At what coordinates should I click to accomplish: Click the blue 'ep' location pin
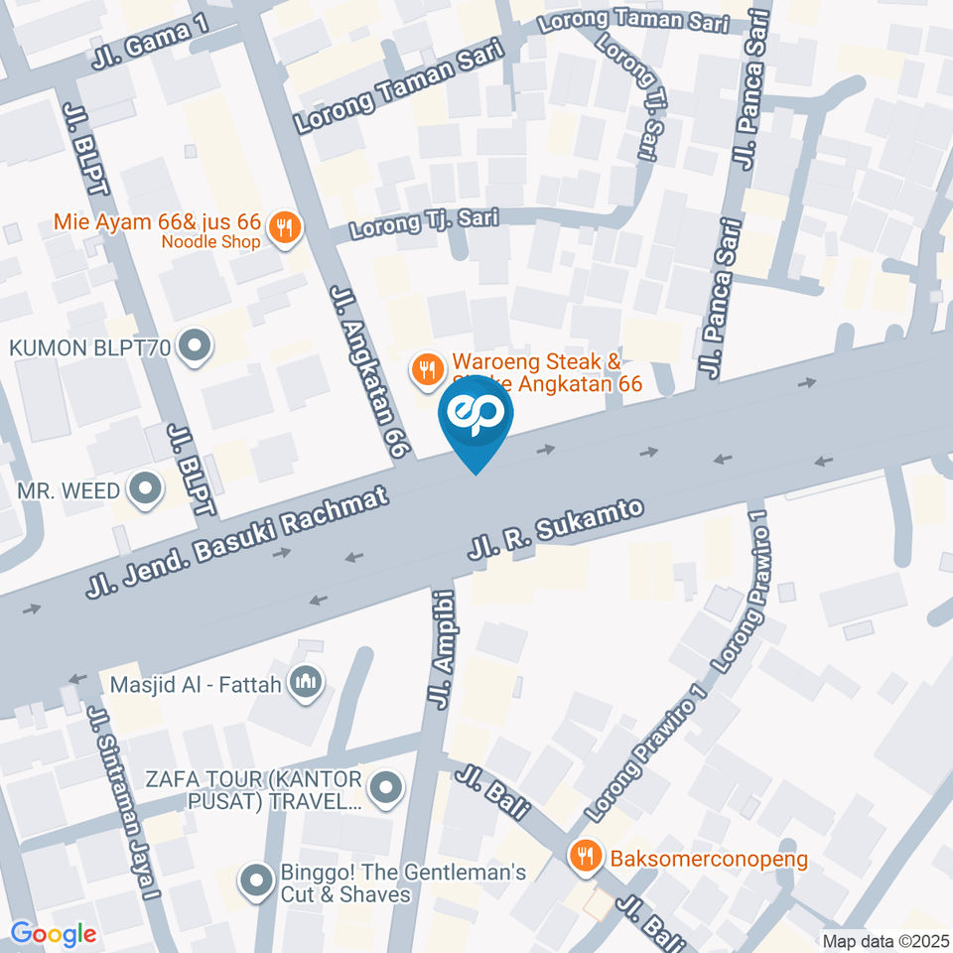[x=476, y=419]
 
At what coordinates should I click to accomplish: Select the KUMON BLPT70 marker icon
[x=196, y=347]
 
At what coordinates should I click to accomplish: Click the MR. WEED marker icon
[x=146, y=489]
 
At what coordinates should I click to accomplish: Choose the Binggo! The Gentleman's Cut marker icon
[x=256, y=883]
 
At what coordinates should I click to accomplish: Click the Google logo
[x=53, y=934]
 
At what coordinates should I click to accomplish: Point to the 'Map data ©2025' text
[x=885, y=941]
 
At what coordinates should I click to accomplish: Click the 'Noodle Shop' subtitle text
[x=211, y=241]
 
